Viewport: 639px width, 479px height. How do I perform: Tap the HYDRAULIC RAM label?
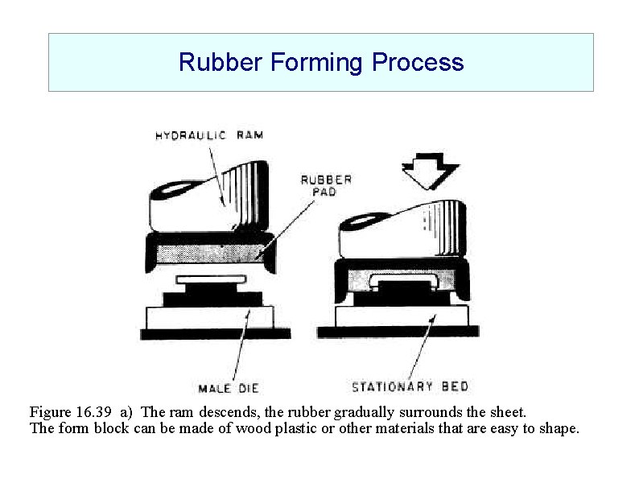[x=208, y=135]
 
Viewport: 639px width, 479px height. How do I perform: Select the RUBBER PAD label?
[x=326, y=186]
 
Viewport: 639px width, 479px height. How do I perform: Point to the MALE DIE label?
[x=229, y=389]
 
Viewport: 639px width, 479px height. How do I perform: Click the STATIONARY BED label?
[x=410, y=386]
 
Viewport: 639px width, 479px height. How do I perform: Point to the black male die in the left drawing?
[x=214, y=298]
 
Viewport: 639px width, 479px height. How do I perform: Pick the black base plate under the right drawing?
[x=398, y=331]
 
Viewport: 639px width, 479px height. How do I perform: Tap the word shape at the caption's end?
[x=557, y=428]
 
